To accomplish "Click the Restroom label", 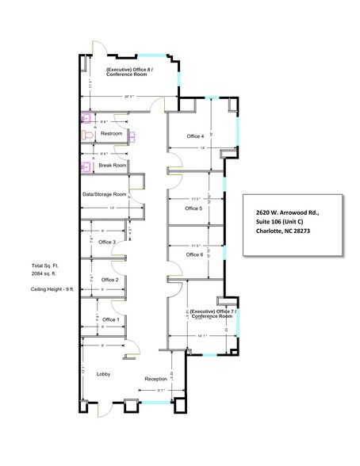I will (111, 134).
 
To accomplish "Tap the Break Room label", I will (113, 165).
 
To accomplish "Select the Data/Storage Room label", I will (104, 194).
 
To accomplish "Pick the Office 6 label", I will (194, 254).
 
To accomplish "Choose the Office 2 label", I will (109, 280).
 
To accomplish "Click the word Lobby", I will (103, 372).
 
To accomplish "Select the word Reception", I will (155, 379).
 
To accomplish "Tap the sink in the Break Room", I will (86, 166).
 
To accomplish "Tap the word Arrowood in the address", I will (294, 212).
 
